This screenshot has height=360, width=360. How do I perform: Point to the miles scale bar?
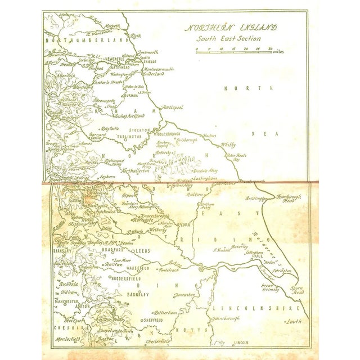coord(236,50)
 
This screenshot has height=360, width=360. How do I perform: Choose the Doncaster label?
coord(183,294)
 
